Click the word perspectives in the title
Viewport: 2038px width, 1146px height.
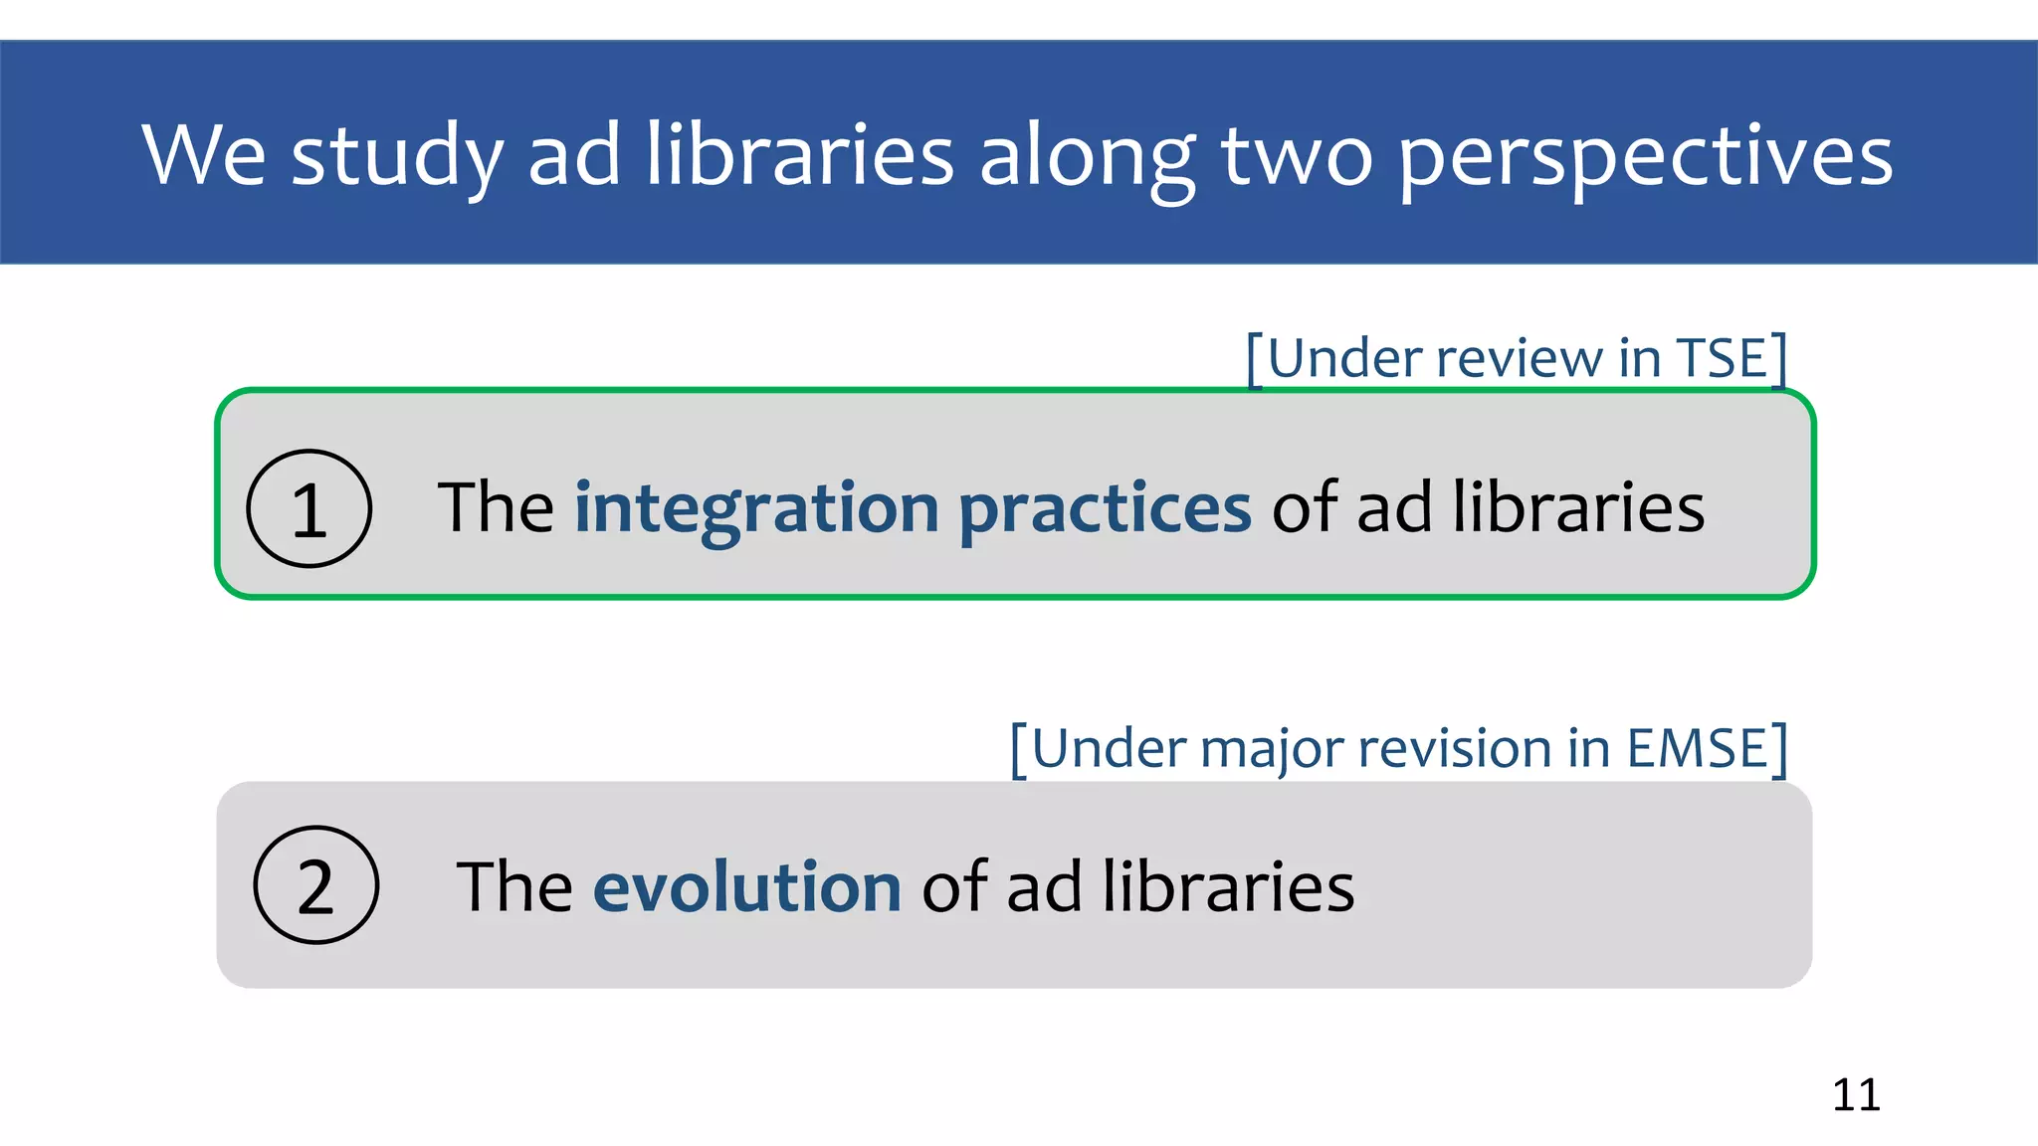tap(1646, 157)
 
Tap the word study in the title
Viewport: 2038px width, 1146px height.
tap(396, 157)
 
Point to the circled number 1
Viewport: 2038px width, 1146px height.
tap(309, 509)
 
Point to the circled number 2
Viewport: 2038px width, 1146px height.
tap(316, 885)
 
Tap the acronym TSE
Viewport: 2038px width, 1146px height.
tap(1720, 358)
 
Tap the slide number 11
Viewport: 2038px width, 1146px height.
tap(1856, 1094)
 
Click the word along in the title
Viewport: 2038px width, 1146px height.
tap(1088, 157)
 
